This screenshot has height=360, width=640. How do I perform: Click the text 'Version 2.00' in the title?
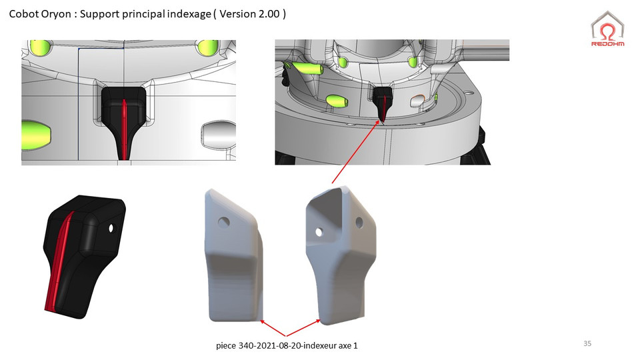click(251, 13)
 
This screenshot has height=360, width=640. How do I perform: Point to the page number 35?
click(587, 343)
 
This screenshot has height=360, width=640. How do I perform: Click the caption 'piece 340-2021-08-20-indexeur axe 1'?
click(291, 346)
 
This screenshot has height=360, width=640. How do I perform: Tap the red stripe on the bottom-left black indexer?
click(60, 260)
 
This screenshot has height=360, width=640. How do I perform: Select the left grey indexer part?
click(233, 253)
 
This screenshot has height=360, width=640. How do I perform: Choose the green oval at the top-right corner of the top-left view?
click(206, 48)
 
